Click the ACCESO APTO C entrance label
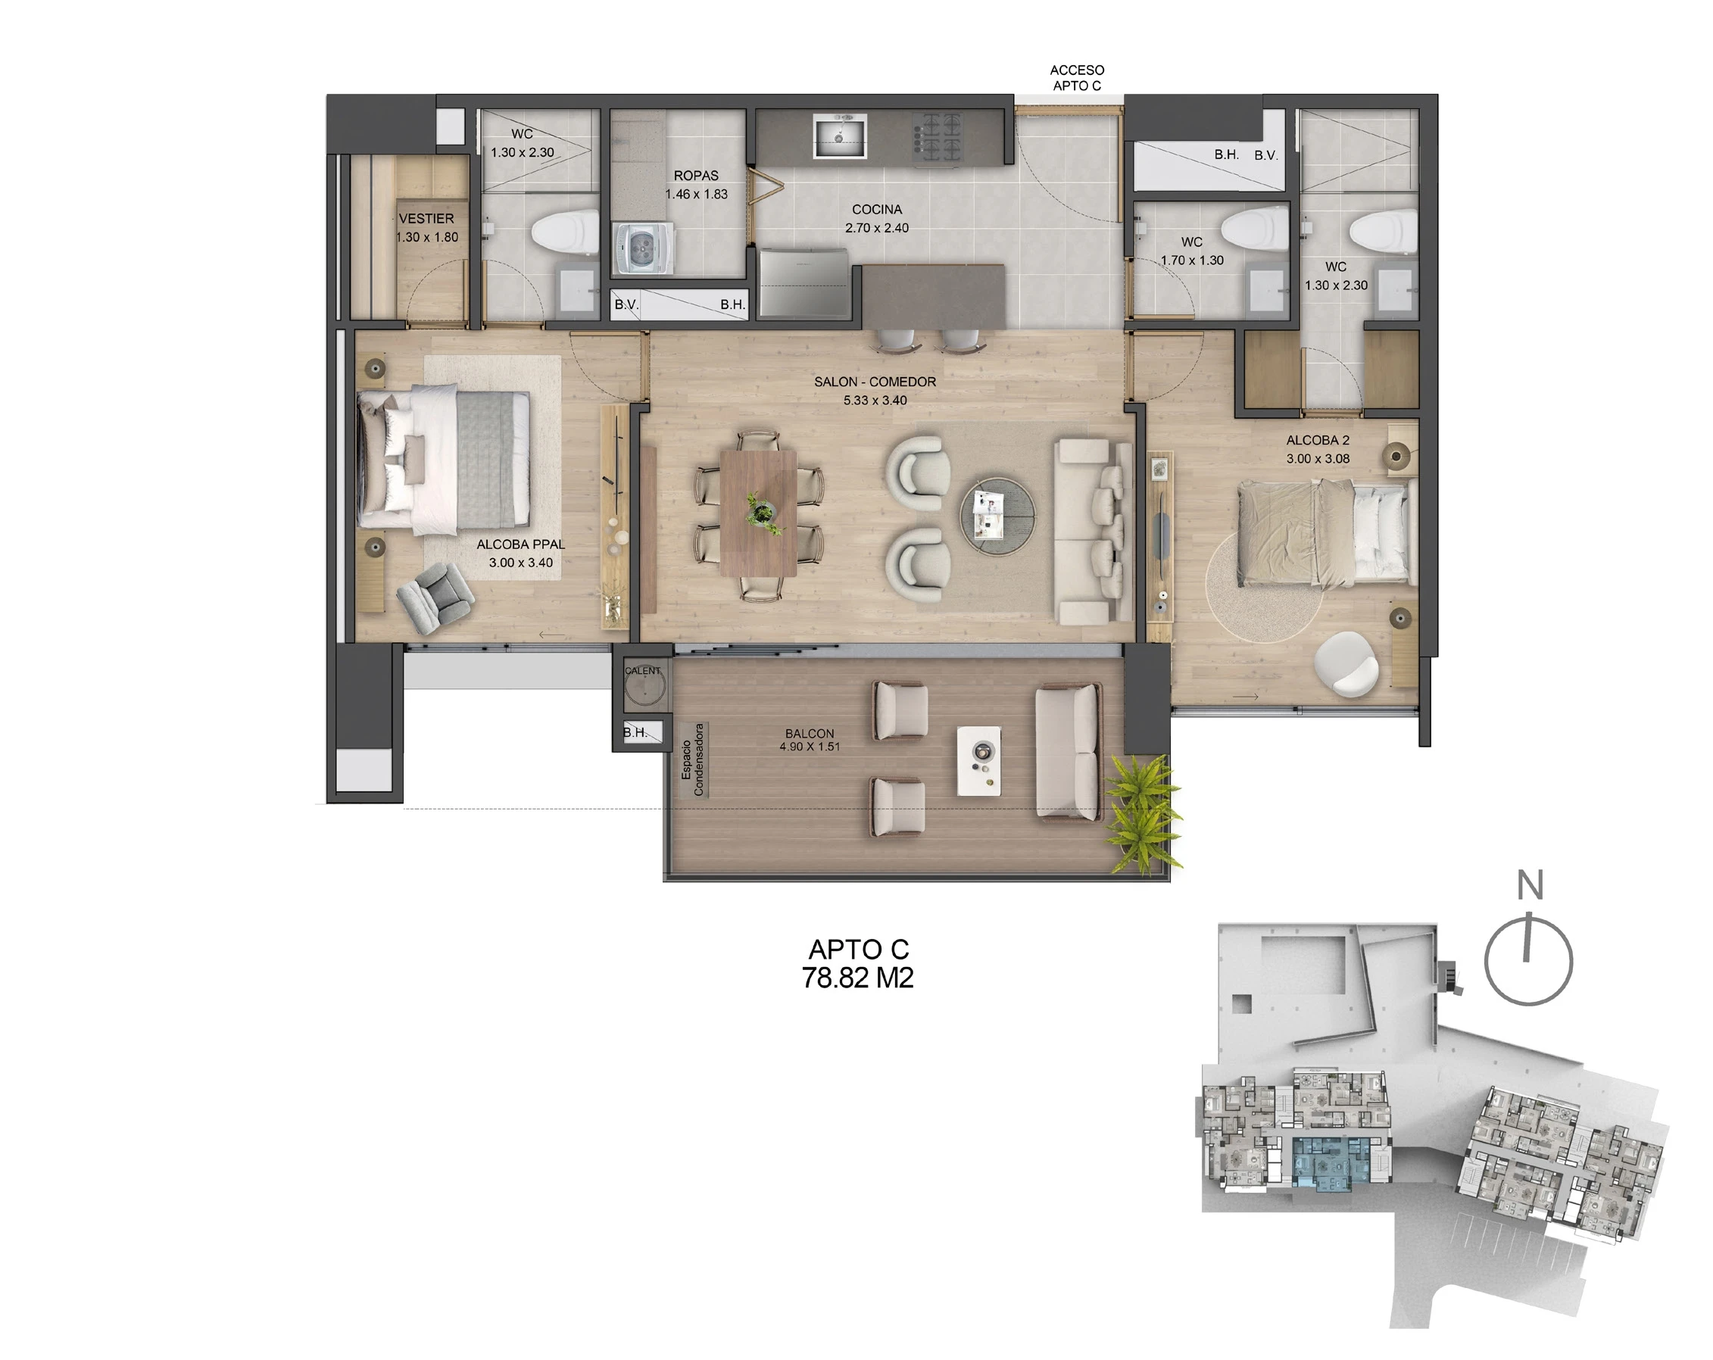coord(1077,78)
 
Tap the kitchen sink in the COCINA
coord(839,136)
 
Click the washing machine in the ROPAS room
coord(644,248)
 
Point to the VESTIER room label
coord(426,218)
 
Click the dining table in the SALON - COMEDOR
coord(759,513)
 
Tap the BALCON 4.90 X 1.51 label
coord(810,740)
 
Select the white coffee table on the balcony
coord(979,760)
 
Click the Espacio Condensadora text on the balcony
coord(693,760)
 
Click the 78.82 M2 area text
coord(857,978)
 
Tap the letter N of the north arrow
coord(1530,885)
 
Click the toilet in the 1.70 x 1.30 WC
coord(1255,226)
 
